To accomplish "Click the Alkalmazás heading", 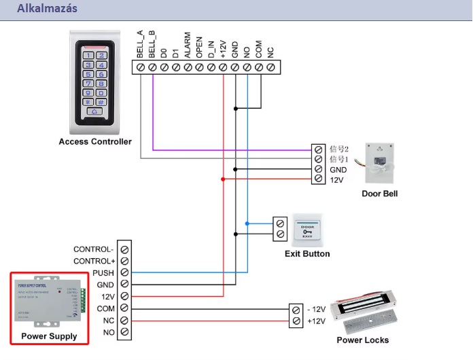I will tap(47, 9).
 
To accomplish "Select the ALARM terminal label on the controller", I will tap(187, 48).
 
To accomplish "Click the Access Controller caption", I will tap(95, 142).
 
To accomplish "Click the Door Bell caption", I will tap(380, 194).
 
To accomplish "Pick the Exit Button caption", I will tap(307, 254).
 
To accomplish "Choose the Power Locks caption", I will tap(363, 340).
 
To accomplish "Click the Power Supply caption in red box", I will tap(49, 336).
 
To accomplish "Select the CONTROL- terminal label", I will tap(93, 249).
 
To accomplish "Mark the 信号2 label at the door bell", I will tap(338, 148).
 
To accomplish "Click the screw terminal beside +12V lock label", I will tap(296, 321).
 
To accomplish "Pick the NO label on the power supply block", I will tap(108, 333).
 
